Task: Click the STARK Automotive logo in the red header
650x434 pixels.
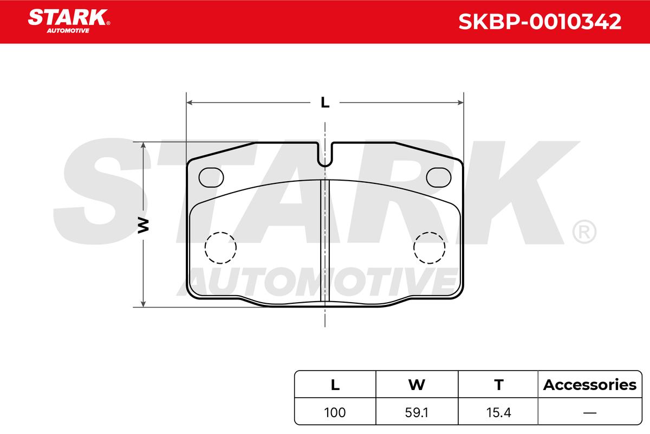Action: [69, 21]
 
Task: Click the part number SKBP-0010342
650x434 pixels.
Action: [539, 22]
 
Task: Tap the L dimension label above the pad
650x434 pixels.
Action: [325, 103]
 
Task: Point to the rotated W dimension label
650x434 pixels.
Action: [143, 225]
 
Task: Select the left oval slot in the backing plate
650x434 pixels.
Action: [211, 177]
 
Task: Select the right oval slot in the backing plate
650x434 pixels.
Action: [438, 177]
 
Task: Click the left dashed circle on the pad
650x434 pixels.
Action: [205, 248]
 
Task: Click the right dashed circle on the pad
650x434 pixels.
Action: [414, 248]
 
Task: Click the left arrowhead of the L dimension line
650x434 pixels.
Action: [190, 103]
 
